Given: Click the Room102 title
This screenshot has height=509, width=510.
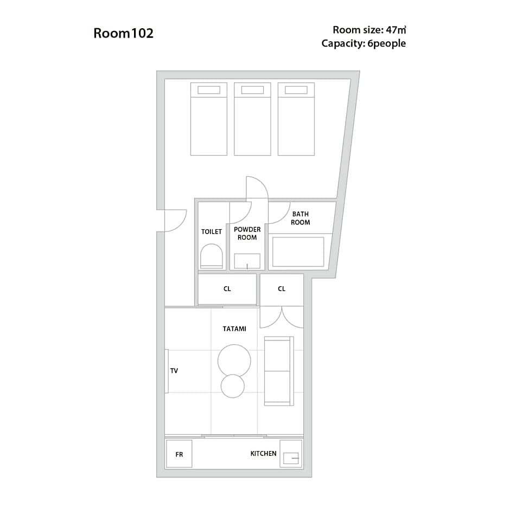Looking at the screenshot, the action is pos(123,33).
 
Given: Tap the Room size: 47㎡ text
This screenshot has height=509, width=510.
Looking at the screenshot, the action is pos(369,30).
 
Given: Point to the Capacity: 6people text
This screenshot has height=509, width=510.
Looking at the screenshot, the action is pos(364,43).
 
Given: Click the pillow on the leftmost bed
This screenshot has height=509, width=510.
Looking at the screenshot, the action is pos(209,90).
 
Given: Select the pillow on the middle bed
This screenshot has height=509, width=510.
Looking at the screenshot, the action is pos(252,90).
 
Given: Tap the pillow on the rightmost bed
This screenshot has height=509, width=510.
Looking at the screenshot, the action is pos(296,90).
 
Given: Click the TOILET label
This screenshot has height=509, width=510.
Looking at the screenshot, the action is pos(212,232).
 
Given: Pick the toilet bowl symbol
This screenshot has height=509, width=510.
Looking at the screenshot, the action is pos(212,256).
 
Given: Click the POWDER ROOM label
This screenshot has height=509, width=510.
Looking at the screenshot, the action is pos(247,234).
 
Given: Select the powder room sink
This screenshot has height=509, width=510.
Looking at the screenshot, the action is pos(247,261).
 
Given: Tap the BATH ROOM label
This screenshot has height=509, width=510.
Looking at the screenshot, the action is pos(300,218).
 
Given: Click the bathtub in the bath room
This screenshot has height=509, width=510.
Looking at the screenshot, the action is pos(298,252).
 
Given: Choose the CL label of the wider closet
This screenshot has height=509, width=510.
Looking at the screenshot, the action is pos(227,288).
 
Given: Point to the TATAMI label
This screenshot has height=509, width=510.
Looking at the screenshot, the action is pos(234,329).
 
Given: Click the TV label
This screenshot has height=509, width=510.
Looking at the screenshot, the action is pos(174,371).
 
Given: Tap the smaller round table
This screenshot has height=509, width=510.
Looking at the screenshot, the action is pos(233,386).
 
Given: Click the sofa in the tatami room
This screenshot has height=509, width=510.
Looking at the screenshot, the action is pos(279,371).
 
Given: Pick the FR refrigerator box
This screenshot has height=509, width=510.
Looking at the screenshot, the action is pos(179,454).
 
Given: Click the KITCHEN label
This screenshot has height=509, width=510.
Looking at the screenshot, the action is pos(264,454).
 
